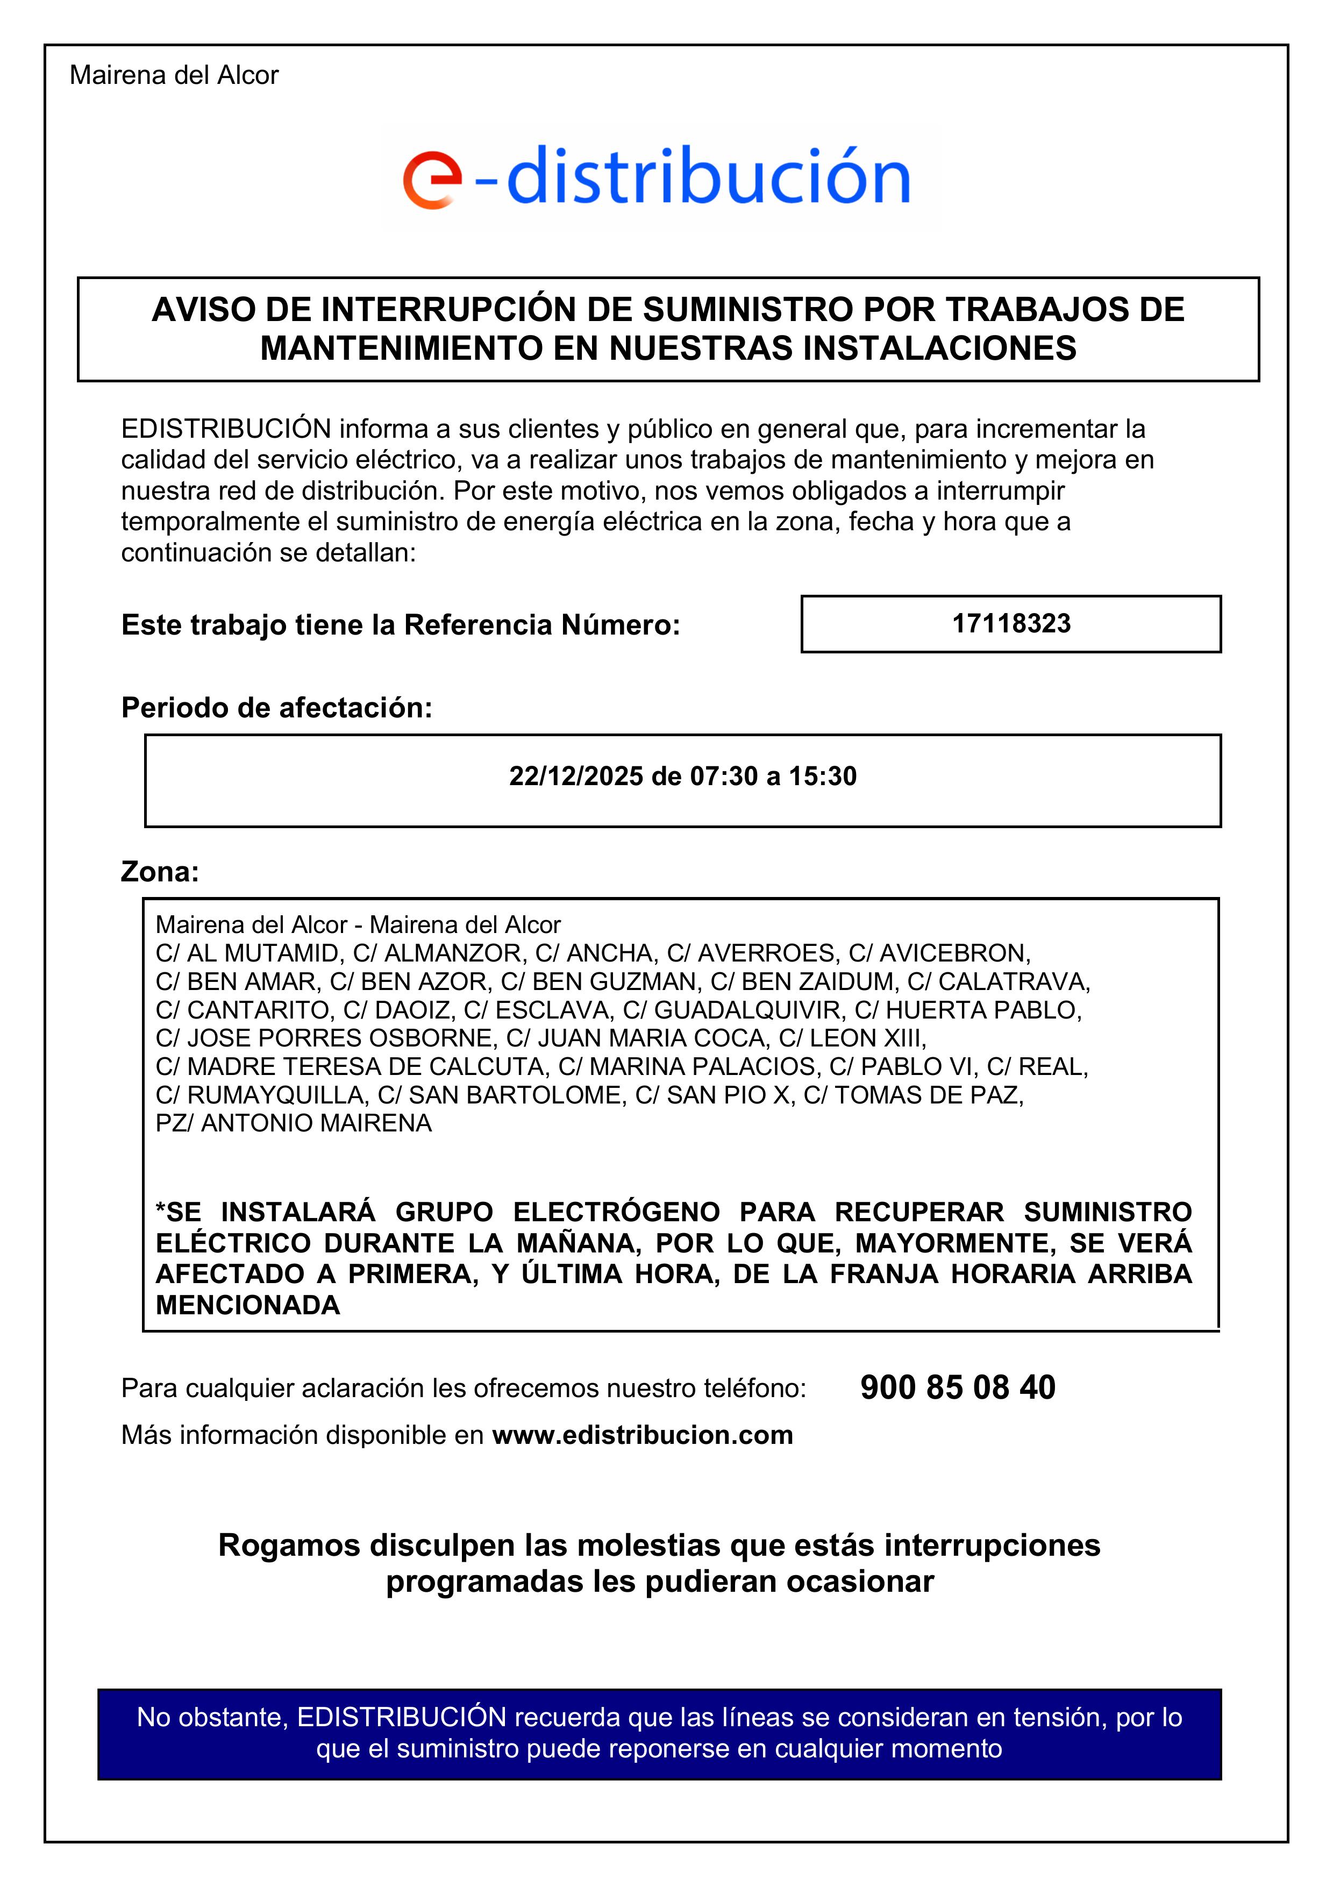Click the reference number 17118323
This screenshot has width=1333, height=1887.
coord(1011,624)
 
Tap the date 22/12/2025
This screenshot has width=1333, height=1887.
coord(575,776)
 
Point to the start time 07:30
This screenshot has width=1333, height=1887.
coord(723,776)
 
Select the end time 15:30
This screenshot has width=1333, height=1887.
coord(823,776)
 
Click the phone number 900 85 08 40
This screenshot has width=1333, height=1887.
coord(958,1387)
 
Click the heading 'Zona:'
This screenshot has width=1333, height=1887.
coord(160,871)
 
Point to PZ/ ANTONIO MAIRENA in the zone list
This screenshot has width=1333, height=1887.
coord(294,1123)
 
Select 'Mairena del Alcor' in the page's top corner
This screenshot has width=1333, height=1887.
coord(174,76)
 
